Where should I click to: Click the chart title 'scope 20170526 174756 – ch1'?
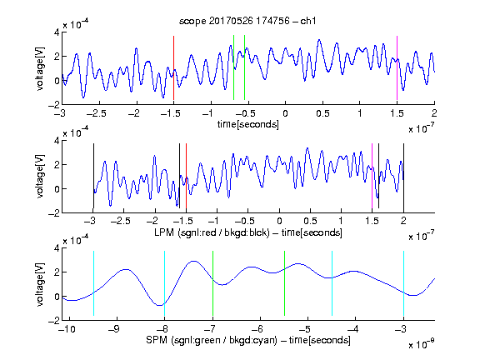(247, 21)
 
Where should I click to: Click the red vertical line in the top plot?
(173, 67)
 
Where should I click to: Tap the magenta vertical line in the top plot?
(397, 67)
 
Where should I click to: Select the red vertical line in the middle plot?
(186, 176)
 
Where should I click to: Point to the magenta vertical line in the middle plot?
(372, 176)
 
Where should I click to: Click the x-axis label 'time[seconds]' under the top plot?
(248, 124)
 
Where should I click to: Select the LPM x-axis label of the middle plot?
(248, 232)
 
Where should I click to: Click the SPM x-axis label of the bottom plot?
(248, 340)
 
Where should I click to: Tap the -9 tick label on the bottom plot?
(113, 329)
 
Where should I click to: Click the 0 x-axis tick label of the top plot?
(285, 113)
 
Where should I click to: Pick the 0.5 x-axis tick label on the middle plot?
(310, 221)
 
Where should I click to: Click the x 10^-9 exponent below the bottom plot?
(422, 344)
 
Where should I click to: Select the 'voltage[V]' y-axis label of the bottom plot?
(40, 284)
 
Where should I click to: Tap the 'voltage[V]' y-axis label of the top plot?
(40, 68)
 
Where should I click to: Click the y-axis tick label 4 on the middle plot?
(57, 140)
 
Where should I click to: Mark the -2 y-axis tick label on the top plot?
(54, 105)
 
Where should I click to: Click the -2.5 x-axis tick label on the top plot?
(97, 113)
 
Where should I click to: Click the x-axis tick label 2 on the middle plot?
(404, 221)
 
